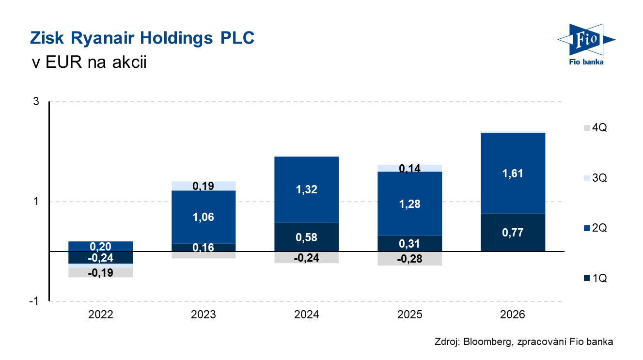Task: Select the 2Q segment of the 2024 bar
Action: tap(306, 189)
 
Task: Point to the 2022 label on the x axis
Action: tap(101, 315)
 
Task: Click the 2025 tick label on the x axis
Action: tap(409, 315)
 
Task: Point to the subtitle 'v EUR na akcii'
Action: tap(88, 62)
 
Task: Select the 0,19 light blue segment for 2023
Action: tap(204, 186)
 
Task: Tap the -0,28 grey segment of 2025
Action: tap(409, 259)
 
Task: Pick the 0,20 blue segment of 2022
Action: tap(101, 246)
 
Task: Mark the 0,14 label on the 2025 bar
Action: tap(409, 168)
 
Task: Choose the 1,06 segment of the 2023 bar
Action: tap(204, 217)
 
